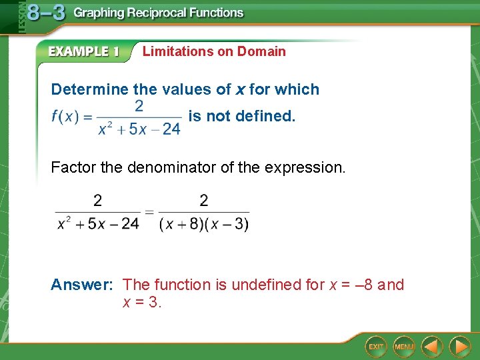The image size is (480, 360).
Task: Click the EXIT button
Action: click(376, 346)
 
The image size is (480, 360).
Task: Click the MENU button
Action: click(403, 346)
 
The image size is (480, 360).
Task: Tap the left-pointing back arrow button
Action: click(433, 346)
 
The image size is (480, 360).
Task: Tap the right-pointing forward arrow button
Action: click(459, 346)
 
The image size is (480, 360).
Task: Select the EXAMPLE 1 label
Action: click(83, 52)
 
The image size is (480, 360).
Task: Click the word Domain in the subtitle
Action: click(261, 51)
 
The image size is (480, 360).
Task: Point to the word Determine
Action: click(89, 89)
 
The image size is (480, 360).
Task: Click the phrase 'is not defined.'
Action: click(241, 116)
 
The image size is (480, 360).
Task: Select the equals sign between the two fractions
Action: click(149, 213)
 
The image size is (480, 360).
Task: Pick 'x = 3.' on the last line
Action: click(142, 303)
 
